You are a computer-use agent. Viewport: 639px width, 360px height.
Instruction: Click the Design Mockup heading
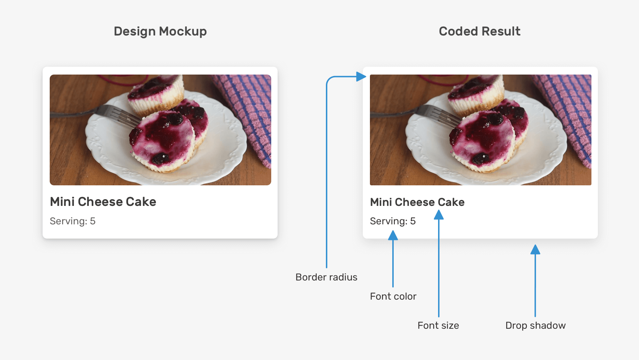click(160, 31)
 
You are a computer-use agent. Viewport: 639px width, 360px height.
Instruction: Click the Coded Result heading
click(480, 31)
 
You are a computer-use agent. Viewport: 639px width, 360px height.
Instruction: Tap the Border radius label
click(326, 277)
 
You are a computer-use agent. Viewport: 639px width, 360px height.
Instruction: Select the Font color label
click(393, 296)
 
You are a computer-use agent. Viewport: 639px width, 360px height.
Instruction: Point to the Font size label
click(438, 325)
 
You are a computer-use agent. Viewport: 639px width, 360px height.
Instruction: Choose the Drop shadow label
click(535, 325)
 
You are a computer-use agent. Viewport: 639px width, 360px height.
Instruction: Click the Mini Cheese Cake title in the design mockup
click(103, 202)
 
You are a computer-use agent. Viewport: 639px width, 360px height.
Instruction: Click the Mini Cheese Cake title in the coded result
click(417, 202)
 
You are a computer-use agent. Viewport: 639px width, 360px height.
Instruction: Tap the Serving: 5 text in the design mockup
click(72, 221)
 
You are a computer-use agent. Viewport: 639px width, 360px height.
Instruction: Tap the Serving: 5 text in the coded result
click(393, 221)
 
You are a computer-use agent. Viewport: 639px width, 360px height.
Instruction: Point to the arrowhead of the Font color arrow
click(393, 235)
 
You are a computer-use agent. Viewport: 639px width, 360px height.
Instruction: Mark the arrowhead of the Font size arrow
click(439, 215)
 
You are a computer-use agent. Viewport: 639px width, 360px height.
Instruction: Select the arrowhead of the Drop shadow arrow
click(535, 250)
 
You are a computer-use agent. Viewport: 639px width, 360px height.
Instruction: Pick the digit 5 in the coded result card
click(413, 221)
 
